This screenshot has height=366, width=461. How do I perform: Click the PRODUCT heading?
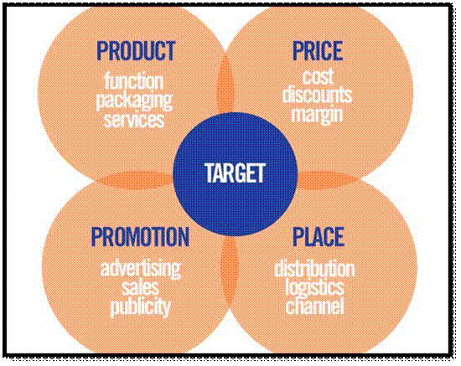click(x=137, y=51)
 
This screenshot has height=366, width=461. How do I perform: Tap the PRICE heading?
click(x=318, y=51)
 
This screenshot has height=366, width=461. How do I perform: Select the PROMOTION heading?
click(x=139, y=237)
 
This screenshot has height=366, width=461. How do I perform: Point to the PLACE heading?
click(x=318, y=237)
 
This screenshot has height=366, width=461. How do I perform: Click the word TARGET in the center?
click(x=235, y=173)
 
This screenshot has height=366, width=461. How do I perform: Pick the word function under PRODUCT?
click(x=137, y=82)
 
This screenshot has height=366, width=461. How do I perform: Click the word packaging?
click(x=137, y=101)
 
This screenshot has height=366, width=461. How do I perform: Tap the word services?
click(x=137, y=118)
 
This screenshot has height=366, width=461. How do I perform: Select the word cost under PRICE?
click(x=318, y=77)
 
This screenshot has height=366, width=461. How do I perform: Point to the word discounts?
click(x=318, y=95)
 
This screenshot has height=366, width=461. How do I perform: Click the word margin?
click(x=318, y=113)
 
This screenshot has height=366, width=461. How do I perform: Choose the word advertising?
click(x=140, y=270)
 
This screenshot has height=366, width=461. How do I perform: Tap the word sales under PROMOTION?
click(x=140, y=288)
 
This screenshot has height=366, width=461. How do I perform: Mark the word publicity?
click(x=140, y=307)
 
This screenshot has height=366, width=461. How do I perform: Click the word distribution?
click(x=314, y=270)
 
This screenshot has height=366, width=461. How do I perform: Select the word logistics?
click(x=314, y=288)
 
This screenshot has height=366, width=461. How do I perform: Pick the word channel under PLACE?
click(x=314, y=307)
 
